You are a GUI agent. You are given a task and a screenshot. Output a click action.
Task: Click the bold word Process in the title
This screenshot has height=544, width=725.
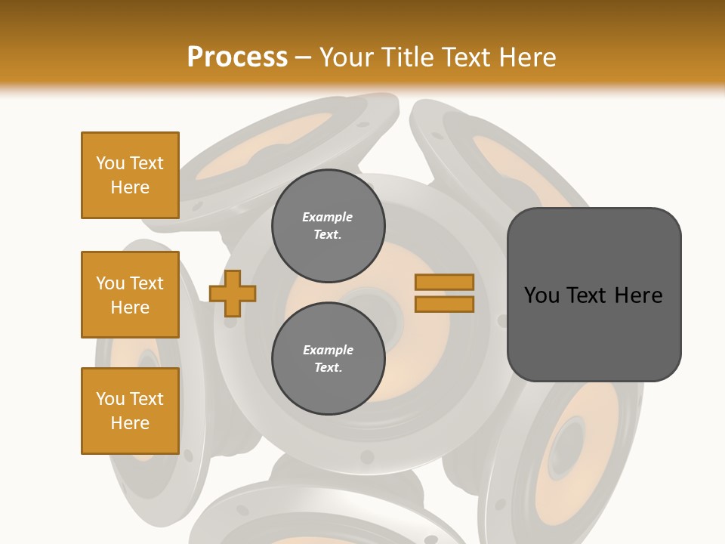[237, 57]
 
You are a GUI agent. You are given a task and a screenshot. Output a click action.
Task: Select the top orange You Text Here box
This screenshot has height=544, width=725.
[130, 175]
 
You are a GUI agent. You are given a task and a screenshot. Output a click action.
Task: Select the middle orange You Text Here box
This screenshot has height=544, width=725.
[130, 295]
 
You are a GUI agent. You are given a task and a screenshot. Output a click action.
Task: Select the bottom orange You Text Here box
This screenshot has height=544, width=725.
[130, 411]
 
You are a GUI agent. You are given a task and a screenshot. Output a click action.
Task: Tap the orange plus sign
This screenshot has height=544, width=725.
[233, 293]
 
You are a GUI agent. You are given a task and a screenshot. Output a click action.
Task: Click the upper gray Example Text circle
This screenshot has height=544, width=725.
[328, 225]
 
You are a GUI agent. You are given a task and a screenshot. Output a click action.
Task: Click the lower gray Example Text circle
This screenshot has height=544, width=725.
[328, 358]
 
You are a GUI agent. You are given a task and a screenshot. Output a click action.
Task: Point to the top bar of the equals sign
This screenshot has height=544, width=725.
[444, 282]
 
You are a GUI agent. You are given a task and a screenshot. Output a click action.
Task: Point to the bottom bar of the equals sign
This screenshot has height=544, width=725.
[444, 304]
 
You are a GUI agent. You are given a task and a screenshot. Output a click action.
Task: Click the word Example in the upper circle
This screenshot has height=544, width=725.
[328, 217]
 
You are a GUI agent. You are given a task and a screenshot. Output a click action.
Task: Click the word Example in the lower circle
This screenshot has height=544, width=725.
[328, 350]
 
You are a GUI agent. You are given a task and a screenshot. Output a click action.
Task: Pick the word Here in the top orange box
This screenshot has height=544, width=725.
[130, 187]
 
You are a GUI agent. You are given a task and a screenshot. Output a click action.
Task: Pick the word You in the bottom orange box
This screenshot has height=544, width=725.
[110, 399]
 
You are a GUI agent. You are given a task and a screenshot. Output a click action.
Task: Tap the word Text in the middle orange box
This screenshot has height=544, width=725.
[147, 283]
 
